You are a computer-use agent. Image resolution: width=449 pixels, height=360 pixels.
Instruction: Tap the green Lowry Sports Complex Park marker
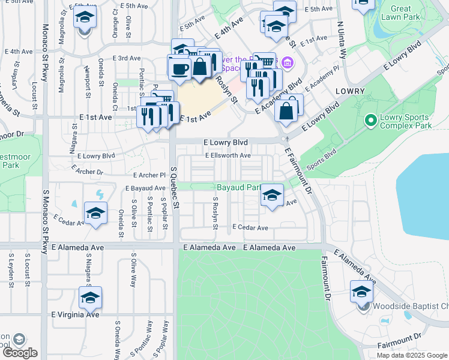click(x=370, y=122)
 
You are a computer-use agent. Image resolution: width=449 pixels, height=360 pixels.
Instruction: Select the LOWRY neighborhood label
click(x=351, y=91)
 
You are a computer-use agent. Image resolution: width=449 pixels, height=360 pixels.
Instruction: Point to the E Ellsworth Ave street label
click(x=228, y=155)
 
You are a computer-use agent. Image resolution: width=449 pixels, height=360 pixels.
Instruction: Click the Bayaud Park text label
click(x=238, y=187)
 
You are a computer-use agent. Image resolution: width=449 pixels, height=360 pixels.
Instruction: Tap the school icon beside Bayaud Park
click(x=272, y=194)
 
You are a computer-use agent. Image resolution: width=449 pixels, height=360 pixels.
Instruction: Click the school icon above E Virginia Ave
click(x=90, y=297)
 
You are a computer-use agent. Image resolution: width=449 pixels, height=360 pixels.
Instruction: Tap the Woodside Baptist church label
click(x=411, y=307)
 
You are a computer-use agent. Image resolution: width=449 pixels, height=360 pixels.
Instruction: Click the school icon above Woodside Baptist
click(x=361, y=292)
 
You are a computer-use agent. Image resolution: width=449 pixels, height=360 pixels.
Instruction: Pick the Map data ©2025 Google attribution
click(x=412, y=355)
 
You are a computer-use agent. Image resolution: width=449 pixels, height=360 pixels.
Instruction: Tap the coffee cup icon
click(x=179, y=68)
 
